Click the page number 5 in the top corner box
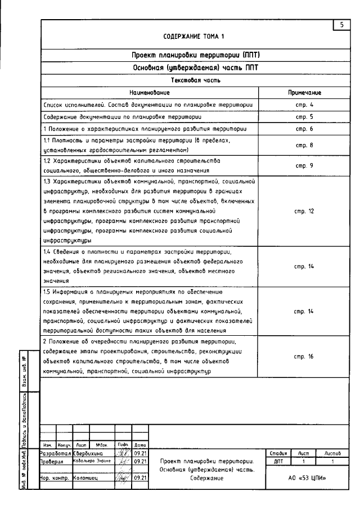[341, 25]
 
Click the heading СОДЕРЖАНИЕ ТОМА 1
[193, 37]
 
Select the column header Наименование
[149, 92]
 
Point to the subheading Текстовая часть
[196, 80]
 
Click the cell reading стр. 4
[304, 105]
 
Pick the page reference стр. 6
[304, 129]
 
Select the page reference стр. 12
[304, 211]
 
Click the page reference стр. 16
[304, 357]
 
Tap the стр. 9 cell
[304, 165]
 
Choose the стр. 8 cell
[304, 145]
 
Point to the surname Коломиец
[85, 478]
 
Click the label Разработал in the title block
[56, 452]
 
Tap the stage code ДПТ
[278, 461]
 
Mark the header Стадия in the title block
[278, 452]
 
